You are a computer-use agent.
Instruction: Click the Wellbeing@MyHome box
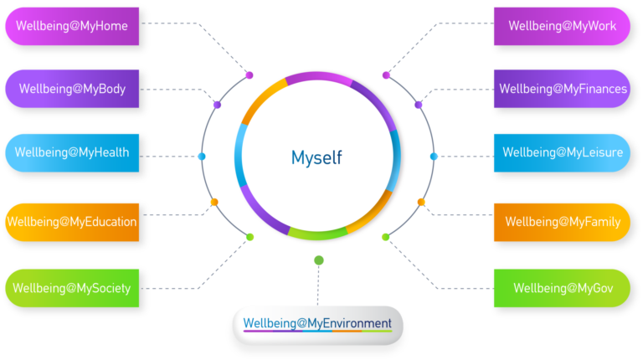[x=72, y=26]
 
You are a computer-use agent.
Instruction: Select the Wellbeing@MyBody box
[x=72, y=89]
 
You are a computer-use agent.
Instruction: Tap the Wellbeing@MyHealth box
[x=72, y=153]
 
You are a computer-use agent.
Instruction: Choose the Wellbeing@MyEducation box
[x=72, y=222]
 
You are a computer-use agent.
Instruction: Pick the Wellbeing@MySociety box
[x=72, y=288]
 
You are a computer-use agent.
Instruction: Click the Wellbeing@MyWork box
[x=562, y=26]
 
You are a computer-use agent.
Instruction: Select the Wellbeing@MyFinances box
[x=562, y=89]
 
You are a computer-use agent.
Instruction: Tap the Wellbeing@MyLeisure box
[x=562, y=152]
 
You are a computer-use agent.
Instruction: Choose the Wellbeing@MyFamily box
[x=562, y=222]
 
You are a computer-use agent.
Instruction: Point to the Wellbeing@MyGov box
[x=562, y=288]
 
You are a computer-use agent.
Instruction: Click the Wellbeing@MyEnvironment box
[x=317, y=324]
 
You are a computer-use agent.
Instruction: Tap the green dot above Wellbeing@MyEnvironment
[x=318, y=260]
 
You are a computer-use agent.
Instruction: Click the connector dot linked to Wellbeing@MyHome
[x=249, y=75]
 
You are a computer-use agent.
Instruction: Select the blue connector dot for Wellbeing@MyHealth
[x=202, y=157]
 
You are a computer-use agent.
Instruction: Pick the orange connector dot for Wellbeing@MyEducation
[x=214, y=202]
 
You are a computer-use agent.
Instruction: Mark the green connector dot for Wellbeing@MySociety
[x=249, y=237]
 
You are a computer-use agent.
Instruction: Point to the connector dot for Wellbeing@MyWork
[x=386, y=75]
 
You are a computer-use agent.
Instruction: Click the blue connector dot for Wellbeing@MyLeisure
[x=433, y=157]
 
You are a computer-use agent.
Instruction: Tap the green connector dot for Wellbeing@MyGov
[x=385, y=237]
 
